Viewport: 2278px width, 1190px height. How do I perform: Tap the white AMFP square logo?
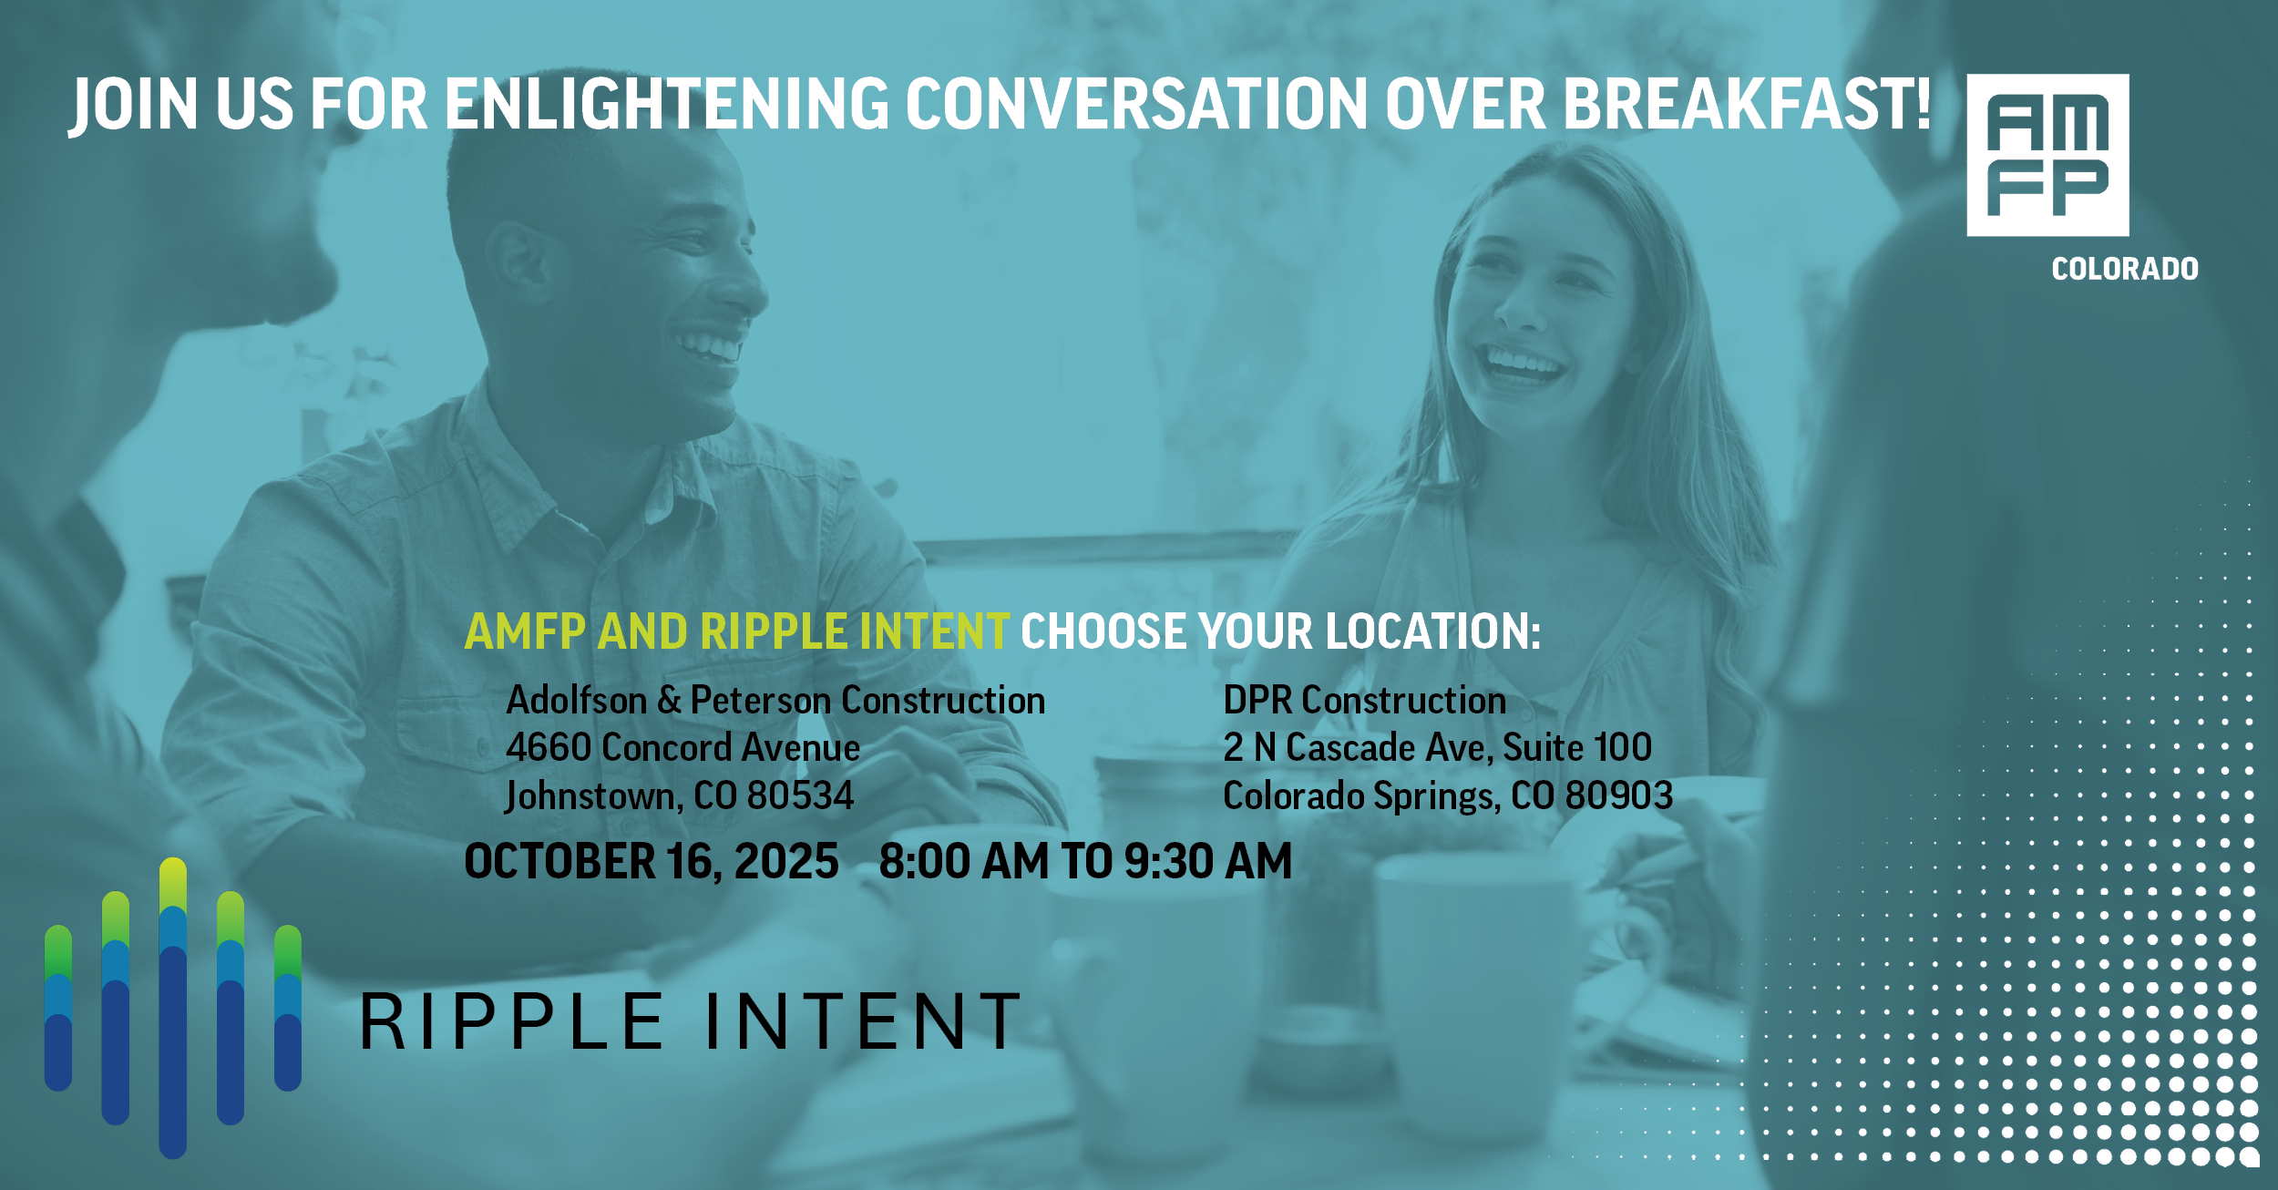coord(2047,155)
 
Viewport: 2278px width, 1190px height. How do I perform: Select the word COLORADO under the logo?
coord(2125,269)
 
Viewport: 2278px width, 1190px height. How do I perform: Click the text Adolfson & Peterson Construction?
coord(775,700)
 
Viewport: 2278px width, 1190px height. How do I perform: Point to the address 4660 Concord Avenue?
coord(682,747)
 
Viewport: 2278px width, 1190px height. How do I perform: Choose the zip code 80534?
coord(800,795)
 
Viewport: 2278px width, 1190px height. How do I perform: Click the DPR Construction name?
coord(1364,700)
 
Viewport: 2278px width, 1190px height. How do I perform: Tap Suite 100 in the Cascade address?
coord(1577,747)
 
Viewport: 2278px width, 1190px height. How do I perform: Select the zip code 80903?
coord(1619,795)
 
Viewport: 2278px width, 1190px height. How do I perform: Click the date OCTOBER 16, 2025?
coord(652,861)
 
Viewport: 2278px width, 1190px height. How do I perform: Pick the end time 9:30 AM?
coord(1208,861)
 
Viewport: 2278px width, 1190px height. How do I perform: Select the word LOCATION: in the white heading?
coord(1433,631)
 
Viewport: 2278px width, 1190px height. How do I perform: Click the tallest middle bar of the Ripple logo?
coord(173,1008)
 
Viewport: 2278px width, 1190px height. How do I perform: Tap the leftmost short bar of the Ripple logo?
coord(58,1008)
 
